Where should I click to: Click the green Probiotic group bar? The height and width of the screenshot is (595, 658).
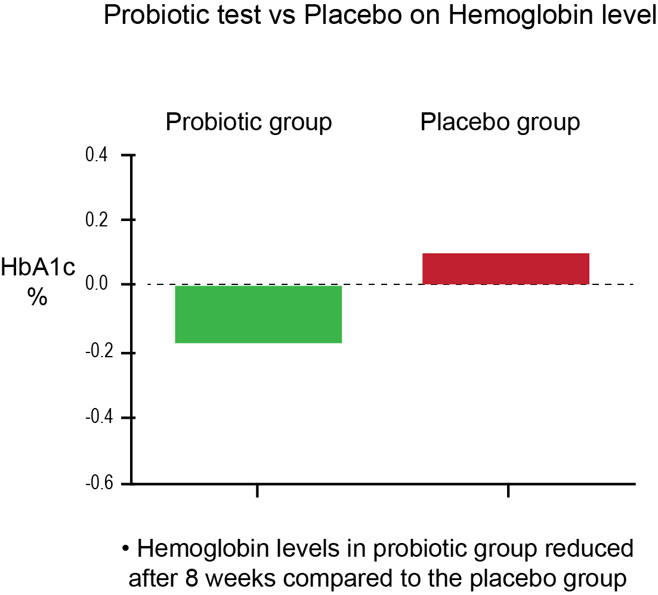(258, 314)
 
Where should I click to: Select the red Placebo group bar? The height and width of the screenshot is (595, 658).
(506, 269)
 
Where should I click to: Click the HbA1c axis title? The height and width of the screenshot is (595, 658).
(38, 267)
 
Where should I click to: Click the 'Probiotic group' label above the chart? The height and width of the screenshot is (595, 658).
(249, 122)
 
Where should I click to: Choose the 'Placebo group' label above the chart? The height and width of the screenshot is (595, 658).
(500, 122)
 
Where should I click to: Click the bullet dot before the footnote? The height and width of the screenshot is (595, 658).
(125, 548)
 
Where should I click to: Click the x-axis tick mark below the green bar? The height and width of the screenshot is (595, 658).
(257, 490)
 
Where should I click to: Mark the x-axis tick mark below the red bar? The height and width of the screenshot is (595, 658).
(508, 490)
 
